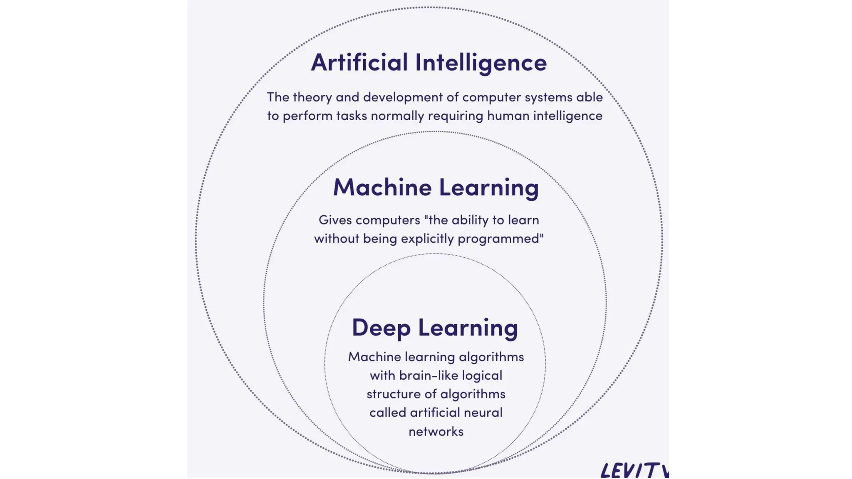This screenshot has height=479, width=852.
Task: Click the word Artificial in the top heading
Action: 359,62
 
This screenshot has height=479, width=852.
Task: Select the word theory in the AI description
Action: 312,97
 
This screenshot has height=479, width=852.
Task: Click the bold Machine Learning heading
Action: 436,188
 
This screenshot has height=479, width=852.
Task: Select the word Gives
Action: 335,220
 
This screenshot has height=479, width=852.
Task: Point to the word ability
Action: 470,220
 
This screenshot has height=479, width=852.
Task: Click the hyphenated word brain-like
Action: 428,375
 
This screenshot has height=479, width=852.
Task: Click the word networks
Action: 436,432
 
